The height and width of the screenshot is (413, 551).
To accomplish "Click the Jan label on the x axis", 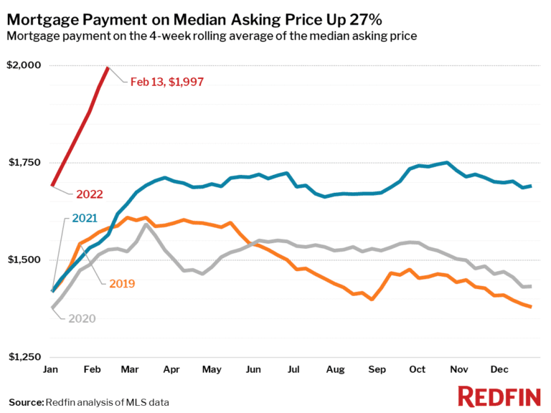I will point(52,369).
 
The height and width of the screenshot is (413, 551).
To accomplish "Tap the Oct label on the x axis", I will point(417,369).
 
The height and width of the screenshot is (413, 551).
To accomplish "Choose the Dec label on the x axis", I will point(499,369).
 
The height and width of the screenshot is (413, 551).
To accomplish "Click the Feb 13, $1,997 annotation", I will point(167,82).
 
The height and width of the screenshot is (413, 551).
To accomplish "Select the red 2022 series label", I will point(90,194).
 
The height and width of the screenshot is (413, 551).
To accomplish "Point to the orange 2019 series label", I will point(122,283).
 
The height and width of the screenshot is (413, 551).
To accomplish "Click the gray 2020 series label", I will point(82,318).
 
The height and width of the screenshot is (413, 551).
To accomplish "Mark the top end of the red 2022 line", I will point(108,67).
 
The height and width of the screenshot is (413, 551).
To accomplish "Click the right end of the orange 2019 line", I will point(531,307).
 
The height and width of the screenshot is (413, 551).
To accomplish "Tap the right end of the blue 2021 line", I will point(531,186).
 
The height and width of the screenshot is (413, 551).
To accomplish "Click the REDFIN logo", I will point(499,397).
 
